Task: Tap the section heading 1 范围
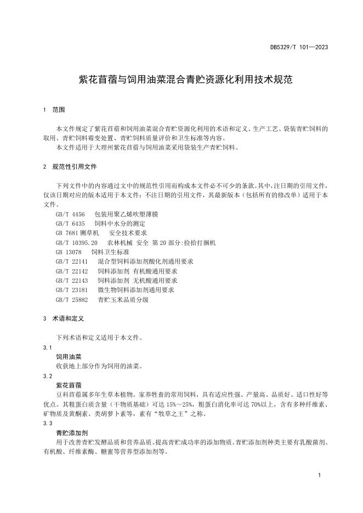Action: [54, 110]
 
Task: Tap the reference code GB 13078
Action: [67, 252]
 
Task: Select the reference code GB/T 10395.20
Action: [77, 242]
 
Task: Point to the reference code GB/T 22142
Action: [72, 271]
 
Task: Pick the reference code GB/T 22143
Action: [72, 281]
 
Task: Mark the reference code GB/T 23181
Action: [72, 290]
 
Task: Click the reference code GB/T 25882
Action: [72, 300]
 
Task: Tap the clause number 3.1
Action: [47, 347]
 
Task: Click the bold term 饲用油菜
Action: [69, 356]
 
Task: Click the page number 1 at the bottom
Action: [319, 475]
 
